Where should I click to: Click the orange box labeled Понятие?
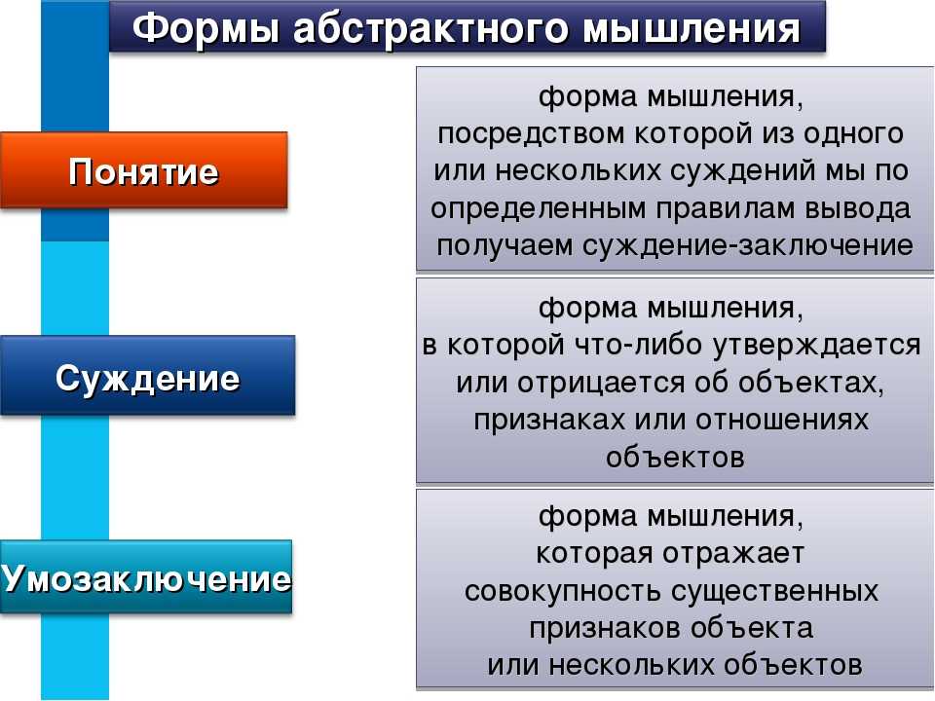click(x=144, y=170)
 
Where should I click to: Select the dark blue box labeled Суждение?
click(x=147, y=376)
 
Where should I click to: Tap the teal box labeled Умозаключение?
click(x=146, y=577)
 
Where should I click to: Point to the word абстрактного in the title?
click(x=430, y=28)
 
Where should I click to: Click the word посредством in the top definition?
click(x=532, y=134)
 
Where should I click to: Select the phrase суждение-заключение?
click(x=747, y=245)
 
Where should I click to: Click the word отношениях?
click(x=781, y=421)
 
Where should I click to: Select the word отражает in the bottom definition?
click(x=732, y=554)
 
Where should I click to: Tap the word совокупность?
click(x=562, y=591)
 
